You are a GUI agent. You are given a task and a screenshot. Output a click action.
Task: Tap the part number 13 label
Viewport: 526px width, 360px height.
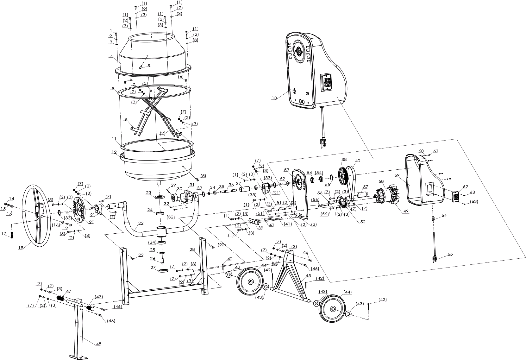pyautogui.click(x=274, y=98)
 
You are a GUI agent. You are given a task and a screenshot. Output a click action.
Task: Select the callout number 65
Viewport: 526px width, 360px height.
pyautogui.click(x=450, y=254)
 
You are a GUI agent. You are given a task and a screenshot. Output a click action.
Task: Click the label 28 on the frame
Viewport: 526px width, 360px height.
pyautogui.click(x=192, y=250)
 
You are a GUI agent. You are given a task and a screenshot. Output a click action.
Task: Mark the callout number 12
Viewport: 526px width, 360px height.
pyautogui.click(x=114, y=152)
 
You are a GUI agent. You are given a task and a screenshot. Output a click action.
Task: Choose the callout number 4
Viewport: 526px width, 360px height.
pyautogui.click(x=111, y=56)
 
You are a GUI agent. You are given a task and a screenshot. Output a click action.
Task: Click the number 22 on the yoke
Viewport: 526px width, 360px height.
pyautogui.click(x=141, y=224)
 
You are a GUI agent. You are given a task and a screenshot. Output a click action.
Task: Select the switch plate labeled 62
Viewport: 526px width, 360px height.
pyautogui.click(x=456, y=197)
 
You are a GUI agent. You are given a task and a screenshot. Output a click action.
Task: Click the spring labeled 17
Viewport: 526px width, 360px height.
pyautogui.click(x=12, y=236)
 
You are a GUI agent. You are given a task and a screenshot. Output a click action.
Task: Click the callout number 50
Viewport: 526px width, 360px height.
pyautogui.click(x=363, y=222)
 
